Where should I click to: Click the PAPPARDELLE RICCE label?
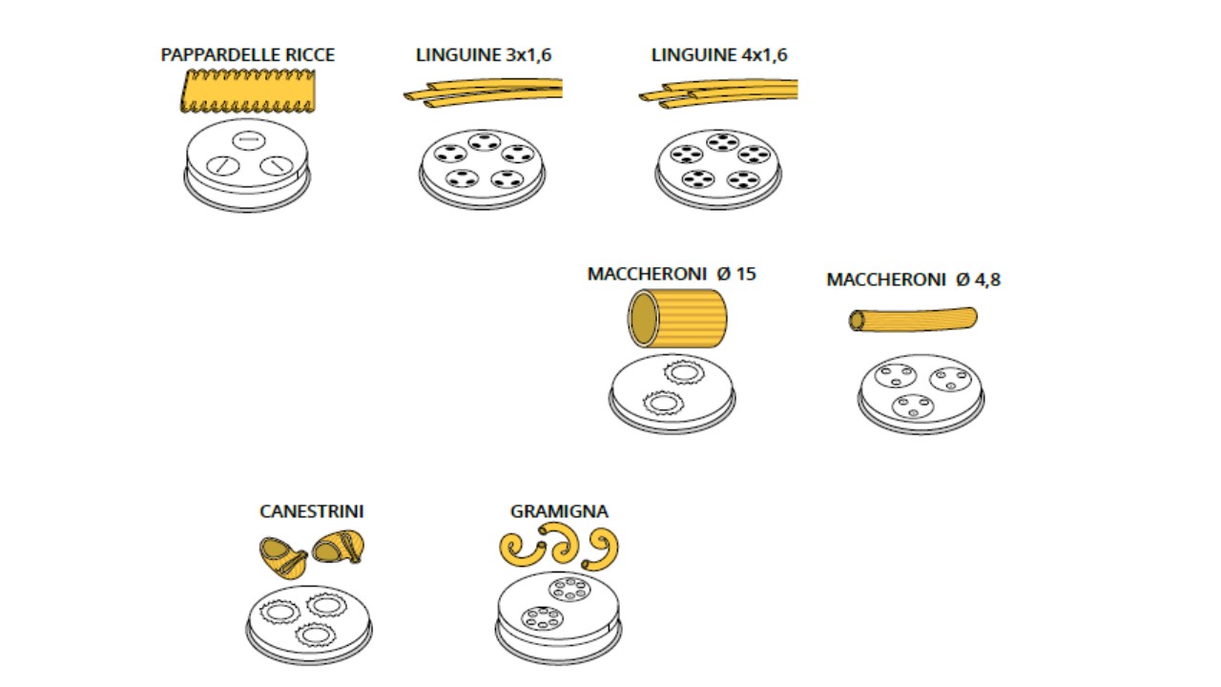click(x=248, y=55)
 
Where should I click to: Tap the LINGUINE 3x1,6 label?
click(x=484, y=55)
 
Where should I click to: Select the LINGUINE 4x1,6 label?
click(x=719, y=55)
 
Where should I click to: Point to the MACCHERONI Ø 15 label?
click(x=672, y=274)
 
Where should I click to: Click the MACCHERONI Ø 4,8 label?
click(x=913, y=280)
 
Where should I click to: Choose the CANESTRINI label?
click(x=311, y=511)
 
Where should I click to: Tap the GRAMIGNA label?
click(x=559, y=511)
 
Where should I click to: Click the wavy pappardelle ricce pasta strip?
click(x=248, y=93)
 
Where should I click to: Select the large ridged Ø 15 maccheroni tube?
click(x=677, y=319)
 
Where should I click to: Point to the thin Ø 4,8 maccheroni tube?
click(x=913, y=320)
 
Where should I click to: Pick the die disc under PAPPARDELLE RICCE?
click(x=247, y=164)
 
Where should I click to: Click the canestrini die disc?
click(x=309, y=624)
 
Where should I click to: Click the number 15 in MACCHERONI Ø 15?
click(x=746, y=274)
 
